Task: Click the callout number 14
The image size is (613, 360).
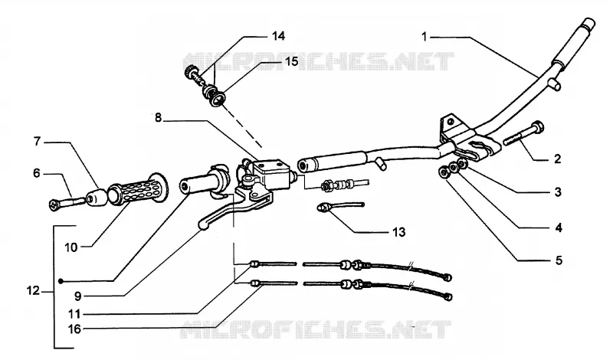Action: click(278, 36)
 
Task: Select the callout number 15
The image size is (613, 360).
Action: click(292, 61)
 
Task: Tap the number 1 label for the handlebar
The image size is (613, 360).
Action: click(425, 37)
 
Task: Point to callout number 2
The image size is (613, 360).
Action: click(558, 159)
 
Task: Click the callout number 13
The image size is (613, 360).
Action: click(398, 232)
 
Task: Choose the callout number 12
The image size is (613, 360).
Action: click(33, 291)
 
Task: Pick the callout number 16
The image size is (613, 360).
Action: click(74, 329)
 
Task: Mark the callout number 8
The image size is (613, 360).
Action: click(158, 117)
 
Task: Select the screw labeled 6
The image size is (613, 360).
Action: click(67, 202)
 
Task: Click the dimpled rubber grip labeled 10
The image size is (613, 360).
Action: click(138, 190)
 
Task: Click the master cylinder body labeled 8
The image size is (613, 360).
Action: click(270, 173)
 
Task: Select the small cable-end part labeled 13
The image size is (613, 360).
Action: click(340, 206)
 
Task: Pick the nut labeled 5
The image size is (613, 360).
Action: click(444, 172)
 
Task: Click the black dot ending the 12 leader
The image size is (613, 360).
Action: click(61, 281)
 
